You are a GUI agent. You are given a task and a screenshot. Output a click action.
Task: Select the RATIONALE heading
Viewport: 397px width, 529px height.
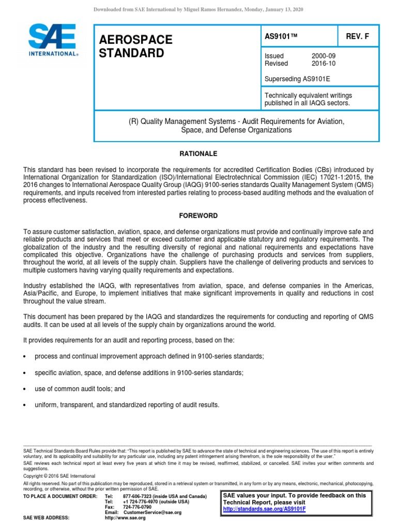click(x=198, y=154)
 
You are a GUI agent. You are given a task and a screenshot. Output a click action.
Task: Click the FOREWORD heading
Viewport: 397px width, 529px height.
click(x=198, y=215)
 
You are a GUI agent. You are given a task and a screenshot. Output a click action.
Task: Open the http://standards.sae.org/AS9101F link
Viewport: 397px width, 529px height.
click(x=264, y=509)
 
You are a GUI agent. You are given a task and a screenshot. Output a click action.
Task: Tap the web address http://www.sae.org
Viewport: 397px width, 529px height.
click(x=125, y=518)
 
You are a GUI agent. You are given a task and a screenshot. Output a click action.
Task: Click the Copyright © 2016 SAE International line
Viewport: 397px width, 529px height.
click(x=59, y=476)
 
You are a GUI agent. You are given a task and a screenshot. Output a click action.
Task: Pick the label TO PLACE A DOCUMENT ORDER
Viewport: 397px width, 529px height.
click(x=60, y=496)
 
